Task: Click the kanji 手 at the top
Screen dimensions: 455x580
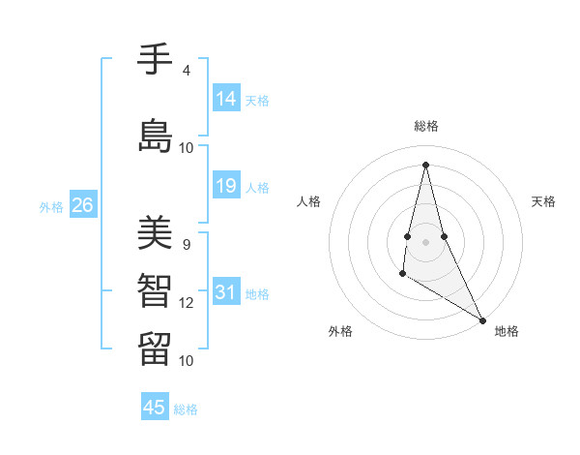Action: click(x=155, y=59)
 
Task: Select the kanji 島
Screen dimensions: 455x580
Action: click(x=155, y=135)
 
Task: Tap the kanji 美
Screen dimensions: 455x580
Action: click(x=155, y=232)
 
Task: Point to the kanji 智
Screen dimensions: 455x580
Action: click(x=155, y=289)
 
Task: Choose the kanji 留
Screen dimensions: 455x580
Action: click(x=155, y=347)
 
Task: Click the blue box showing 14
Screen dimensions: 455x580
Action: click(x=226, y=99)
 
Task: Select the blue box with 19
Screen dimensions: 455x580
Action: click(x=226, y=186)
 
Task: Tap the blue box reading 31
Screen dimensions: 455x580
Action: click(x=226, y=292)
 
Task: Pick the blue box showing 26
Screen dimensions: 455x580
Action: click(x=82, y=205)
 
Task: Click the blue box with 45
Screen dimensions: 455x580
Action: click(x=155, y=408)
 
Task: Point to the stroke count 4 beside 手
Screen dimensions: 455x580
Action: click(x=186, y=71)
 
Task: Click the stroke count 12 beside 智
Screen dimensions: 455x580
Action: click(x=187, y=303)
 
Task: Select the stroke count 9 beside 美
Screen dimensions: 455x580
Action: click(x=186, y=244)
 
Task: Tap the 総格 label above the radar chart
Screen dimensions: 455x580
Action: click(x=426, y=126)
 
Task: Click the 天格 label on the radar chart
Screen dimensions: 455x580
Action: click(x=543, y=201)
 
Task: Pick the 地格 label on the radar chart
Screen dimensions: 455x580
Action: click(x=507, y=331)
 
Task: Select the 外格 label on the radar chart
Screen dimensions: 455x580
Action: click(x=340, y=331)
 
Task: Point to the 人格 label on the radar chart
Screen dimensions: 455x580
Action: click(x=308, y=201)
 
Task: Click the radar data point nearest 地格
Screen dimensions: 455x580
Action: click(x=483, y=319)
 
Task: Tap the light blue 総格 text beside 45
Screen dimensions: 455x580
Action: click(x=186, y=409)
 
